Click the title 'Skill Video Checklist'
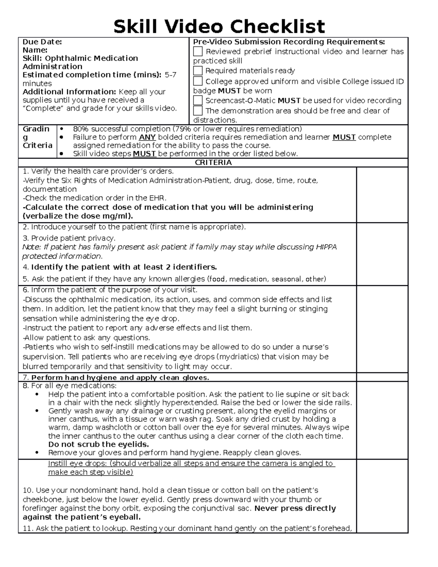pyautogui.click(x=219, y=27)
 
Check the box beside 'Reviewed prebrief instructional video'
pyautogui.click(x=197, y=51)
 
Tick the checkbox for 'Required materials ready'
pyautogui.click(x=197, y=70)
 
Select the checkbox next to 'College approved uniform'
pyautogui.click(x=197, y=81)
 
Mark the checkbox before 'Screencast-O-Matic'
pyautogui.click(x=197, y=100)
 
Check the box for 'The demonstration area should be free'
pyautogui.click(x=197, y=111)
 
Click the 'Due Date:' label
pyautogui.click(x=42, y=42)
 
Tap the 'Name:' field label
pyautogui.click(x=35, y=50)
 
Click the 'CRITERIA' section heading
pyautogui.click(x=213, y=162)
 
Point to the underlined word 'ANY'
pyautogui.click(x=147, y=137)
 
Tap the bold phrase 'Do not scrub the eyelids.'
pyautogui.click(x=99, y=444)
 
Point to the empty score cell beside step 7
pyautogui.click(x=382, y=377)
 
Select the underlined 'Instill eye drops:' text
pyautogui.click(x=78, y=463)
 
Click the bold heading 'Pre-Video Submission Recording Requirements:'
pyautogui.click(x=289, y=42)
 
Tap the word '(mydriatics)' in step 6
pyautogui.click(x=238, y=357)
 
